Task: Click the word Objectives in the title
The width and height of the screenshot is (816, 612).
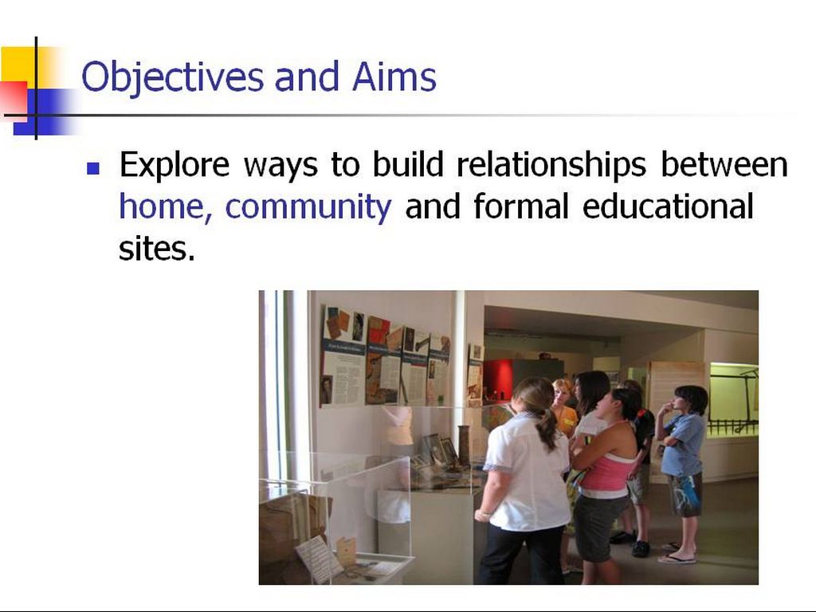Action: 172,78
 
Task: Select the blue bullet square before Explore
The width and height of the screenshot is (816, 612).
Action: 93,168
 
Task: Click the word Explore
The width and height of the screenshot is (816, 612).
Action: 175,166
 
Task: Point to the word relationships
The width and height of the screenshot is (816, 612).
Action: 551,166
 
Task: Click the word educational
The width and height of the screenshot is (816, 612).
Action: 668,206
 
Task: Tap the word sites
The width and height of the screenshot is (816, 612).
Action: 157,249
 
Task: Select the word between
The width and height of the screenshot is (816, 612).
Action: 724,165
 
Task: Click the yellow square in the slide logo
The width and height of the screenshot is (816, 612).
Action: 29,65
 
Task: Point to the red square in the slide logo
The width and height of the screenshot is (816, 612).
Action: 14,101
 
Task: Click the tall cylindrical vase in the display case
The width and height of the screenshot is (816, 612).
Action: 464,445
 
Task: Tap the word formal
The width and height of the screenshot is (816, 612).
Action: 521,206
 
